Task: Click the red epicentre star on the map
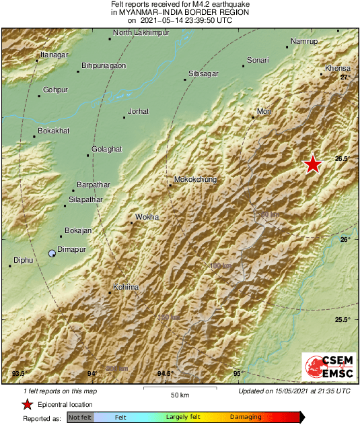[x=312, y=164]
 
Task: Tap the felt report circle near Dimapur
[x=52, y=253]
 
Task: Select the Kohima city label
[x=125, y=288]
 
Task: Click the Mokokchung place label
[x=195, y=180]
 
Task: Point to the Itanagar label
[x=55, y=54]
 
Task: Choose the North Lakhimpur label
[x=141, y=32]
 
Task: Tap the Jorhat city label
[x=138, y=111]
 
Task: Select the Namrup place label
[x=303, y=42]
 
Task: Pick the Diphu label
[x=23, y=260]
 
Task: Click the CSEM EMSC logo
[x=326, y=368]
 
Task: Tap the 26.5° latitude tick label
[x=343, y=159]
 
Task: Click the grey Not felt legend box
[x=80, y=418]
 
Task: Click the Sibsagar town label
[x=203, y=72]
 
